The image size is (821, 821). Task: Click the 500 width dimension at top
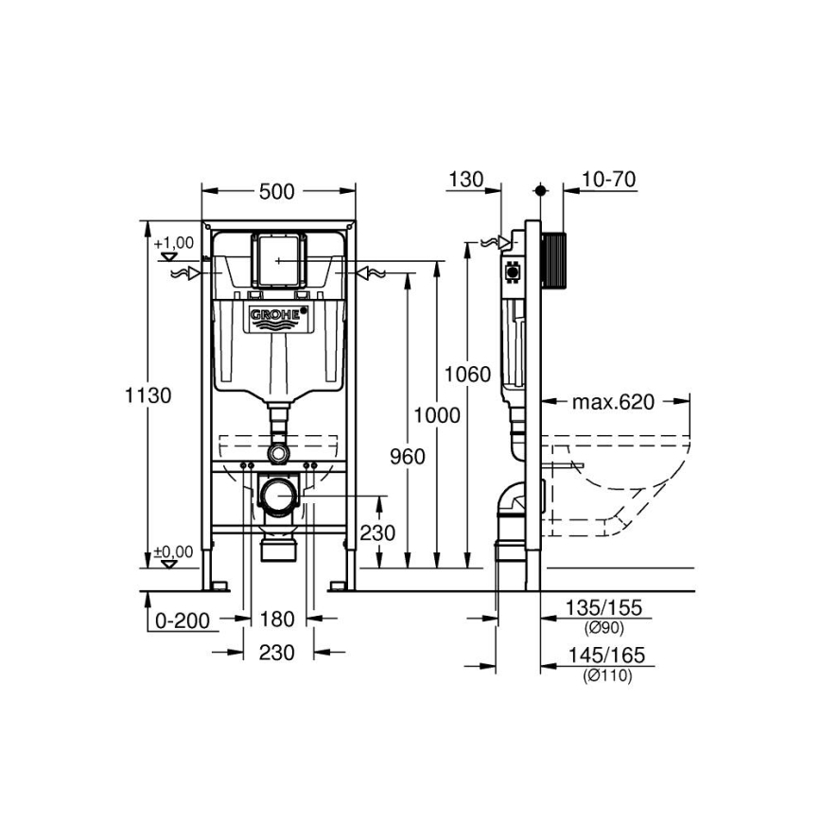pos(277,192)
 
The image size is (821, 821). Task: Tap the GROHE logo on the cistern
pos(278,315)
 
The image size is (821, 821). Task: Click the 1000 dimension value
pos(436,415)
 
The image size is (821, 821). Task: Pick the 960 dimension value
pos(407,457)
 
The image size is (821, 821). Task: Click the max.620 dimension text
pos(613,403)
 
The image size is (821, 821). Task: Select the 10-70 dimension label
pos(609,179)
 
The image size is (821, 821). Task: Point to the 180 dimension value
pos(277,620)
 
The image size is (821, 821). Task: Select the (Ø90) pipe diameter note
pos(606,626)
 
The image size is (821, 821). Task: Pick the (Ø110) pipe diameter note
pos(606,674)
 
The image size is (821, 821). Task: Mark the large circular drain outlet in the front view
pos(277,495)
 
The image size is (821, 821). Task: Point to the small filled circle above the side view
pos(540,190)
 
